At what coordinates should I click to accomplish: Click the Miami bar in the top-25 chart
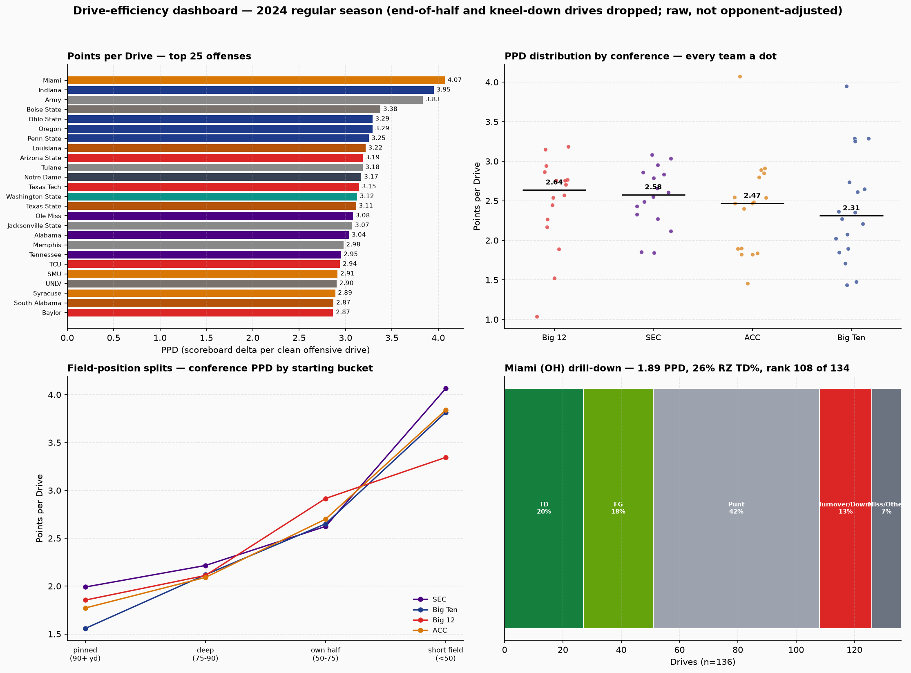[256, 80]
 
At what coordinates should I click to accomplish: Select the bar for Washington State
[212, 196]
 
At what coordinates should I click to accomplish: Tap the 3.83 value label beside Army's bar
[433, 99]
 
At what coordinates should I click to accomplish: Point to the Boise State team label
[44, 109]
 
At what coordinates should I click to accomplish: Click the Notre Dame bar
[214, 177]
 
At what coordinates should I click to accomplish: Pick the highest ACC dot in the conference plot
[740, 77]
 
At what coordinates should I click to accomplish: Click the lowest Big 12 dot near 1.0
[537, 317]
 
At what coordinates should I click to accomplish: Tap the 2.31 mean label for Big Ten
[851, 208]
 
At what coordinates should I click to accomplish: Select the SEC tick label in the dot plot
[653, 338]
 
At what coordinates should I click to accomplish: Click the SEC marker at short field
[446, 389]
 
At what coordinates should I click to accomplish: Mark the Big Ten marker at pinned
[85, 628]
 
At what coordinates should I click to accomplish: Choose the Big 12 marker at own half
[326, 499]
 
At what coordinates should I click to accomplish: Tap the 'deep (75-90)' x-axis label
[205, 654]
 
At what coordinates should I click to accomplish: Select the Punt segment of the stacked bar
[736, 508]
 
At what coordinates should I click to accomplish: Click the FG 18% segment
[618, 508]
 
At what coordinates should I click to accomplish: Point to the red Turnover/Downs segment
[846, 508]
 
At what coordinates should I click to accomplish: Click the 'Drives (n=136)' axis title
[703, 662]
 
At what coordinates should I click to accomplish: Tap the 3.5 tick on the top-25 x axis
[392, 338]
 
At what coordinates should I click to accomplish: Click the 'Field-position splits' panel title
[220, 368]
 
